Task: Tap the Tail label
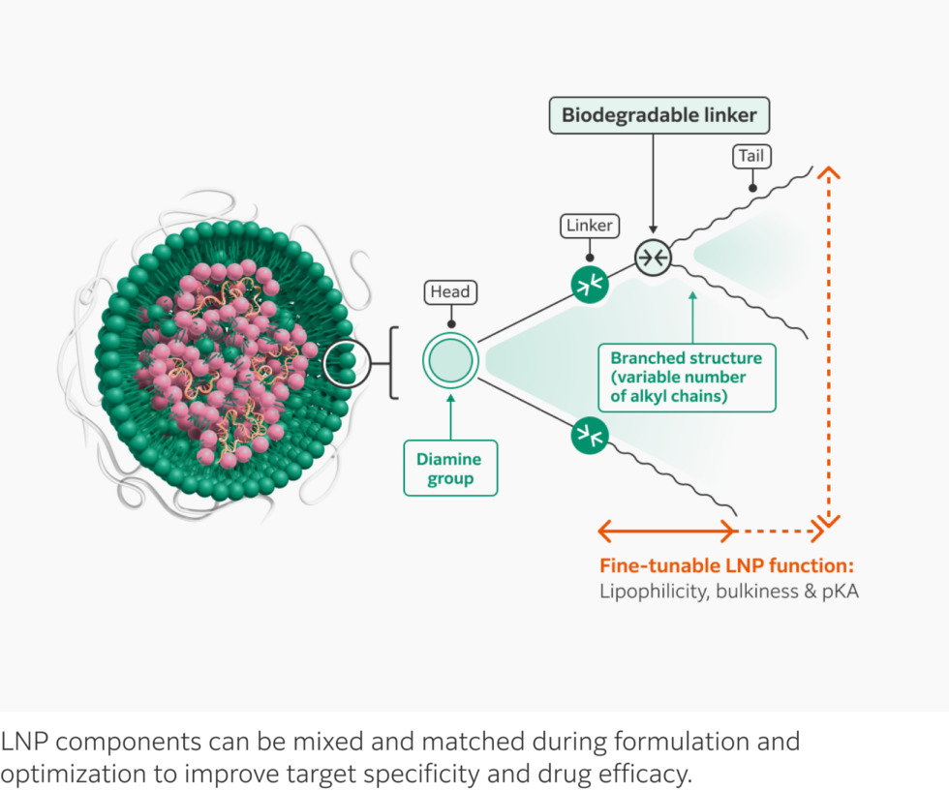[750, 157]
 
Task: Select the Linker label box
[589, 226]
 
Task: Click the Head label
[450, 291]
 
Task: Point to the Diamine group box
[449, 469]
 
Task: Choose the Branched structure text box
[686, 377]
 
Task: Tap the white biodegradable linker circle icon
[653, 257]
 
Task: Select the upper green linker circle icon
[589, 284]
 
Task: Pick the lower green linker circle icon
[589, 436]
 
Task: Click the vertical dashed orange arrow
[829, 349]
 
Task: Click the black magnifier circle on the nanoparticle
[346, 363]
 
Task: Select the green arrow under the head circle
[450, 416]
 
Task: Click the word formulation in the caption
[684, 743]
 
